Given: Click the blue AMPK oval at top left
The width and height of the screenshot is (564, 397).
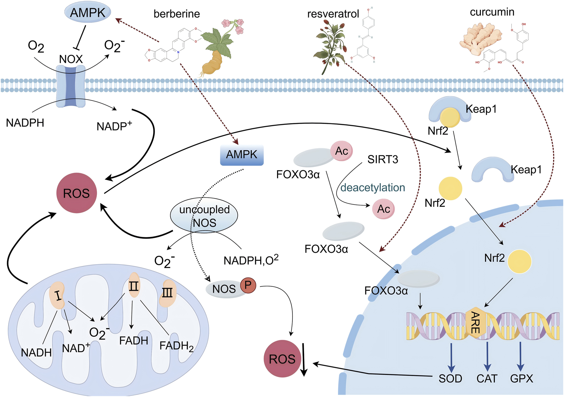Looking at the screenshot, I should [88, 12].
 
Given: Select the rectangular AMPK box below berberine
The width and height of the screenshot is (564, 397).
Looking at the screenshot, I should [241, 155].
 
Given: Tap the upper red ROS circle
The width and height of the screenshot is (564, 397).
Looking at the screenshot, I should [77, 193].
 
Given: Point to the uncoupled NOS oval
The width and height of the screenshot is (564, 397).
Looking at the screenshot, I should [204, 216].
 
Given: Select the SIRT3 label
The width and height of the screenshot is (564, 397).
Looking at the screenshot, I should [383, 159].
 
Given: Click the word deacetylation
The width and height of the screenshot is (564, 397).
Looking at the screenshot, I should [372, 188].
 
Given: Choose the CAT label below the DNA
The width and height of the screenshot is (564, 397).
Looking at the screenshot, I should [487, 379].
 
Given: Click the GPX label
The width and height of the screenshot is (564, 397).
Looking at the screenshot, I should [522, 379].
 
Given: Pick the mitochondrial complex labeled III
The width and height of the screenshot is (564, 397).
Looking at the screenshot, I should [168, 293].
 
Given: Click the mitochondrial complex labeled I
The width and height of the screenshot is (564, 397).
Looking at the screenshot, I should [58, 295].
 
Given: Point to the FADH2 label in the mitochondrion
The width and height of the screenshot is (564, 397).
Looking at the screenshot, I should [176, 346].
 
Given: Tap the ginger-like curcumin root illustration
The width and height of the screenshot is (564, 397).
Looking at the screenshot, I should [481, 38].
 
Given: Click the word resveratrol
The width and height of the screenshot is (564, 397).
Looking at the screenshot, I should [333, 14].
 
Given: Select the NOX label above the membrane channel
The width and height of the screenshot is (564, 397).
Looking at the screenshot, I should [71, 59].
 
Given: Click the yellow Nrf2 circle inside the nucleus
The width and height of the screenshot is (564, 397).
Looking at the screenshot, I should [519, 261].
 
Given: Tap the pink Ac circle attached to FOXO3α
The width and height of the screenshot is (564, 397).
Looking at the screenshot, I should [341, 151].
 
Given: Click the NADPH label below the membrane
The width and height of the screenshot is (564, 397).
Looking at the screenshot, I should [25, 123].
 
